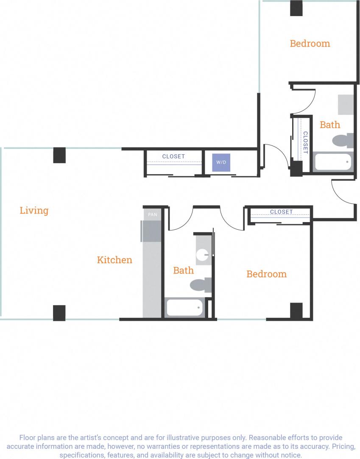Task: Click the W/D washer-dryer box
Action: (x=221, y=163)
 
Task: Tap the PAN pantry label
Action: (x=152, y=214)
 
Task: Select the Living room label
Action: (x=34, y=210)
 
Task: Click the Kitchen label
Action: (x=114, y=260)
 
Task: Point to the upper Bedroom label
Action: (x=310, y=43)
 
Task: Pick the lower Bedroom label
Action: (x=266, y=274)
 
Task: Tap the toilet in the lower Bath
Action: (x=201, y=285)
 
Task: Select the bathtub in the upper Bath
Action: (x=333, y=162)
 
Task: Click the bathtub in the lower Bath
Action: (x=184, y=307)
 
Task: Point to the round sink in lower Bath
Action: (x=203, y=255)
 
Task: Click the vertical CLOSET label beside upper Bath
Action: (x=305, y=142)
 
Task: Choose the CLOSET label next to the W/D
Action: (x=173, y=156)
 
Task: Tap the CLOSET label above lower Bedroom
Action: (x=281, y=211)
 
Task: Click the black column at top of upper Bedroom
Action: (x=296, y=8)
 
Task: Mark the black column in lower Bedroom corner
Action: (x=296, y=311)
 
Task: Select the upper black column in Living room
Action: (x=59, y=155)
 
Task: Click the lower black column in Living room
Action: (x=59, y=313)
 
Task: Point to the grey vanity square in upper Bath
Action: (x=346, y=105)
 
